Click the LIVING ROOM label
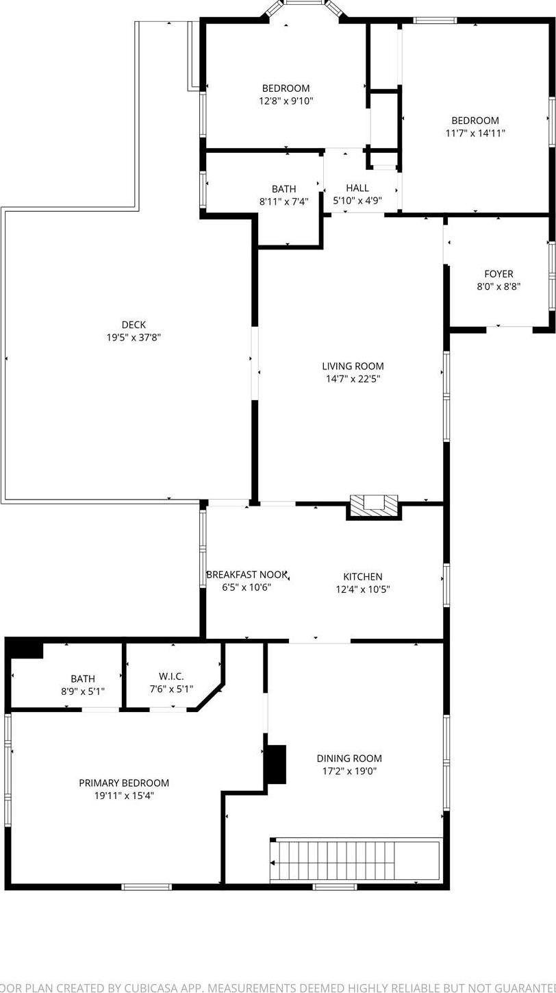353,366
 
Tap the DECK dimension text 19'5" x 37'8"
134,337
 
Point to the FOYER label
498,274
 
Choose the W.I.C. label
171,676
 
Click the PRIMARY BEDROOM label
124,783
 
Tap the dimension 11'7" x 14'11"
475,133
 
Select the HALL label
357,188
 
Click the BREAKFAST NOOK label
247,574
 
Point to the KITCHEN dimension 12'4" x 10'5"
363,589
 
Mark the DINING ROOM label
349,758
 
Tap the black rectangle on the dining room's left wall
275,763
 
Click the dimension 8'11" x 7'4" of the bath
283,201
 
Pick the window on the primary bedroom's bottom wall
147,887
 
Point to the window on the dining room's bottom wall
334,887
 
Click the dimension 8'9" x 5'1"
83,691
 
